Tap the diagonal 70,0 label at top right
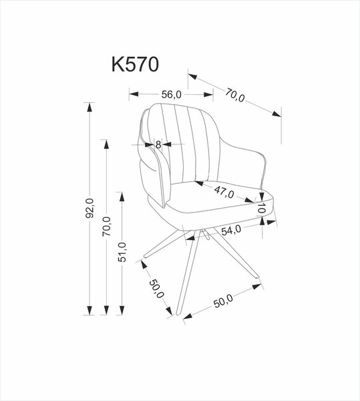tap(236, 95)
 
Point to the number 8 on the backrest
tap(158, 144)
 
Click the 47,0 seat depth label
tap(224, 194)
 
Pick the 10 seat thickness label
tap(264, 210)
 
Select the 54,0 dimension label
tap(231, 231)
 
